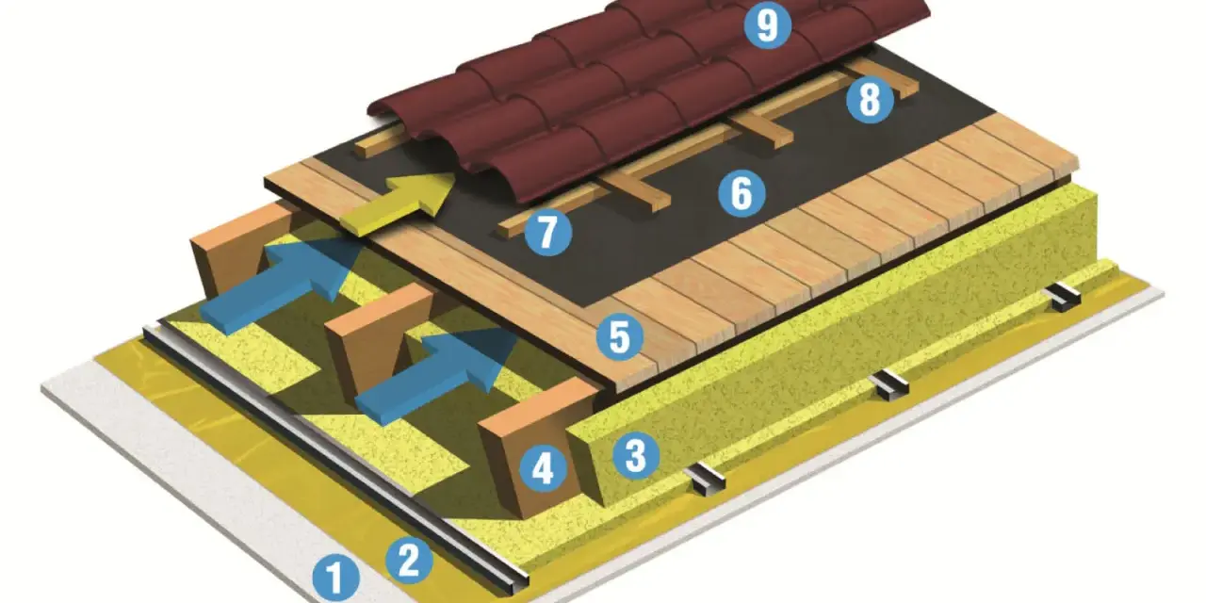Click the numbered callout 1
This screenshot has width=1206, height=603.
tap(336, 579)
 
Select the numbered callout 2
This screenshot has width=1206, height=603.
tap(409, 562)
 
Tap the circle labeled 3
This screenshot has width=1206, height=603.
tap(636, 455)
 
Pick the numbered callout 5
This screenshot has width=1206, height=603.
tap(620, 337)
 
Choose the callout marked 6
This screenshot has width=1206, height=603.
tap(742, 193)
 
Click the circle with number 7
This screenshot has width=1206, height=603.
tap(548, 232)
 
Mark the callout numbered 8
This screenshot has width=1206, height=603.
tap(870, 100)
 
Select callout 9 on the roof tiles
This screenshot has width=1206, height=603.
tap(767, 25)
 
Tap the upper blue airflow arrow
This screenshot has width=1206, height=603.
tap(280, 285)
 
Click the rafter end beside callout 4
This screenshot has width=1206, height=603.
tap(530, 447)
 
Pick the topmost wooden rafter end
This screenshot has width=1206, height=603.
tap(242, 248)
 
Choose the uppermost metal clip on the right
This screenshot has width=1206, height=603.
tap(1064, 297)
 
